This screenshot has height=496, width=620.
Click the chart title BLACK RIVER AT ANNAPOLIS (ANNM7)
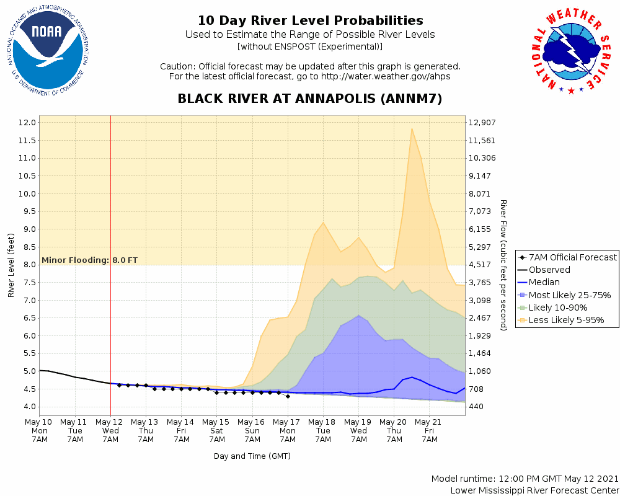coord(310,99)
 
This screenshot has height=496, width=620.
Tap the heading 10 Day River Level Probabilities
coord(310,21)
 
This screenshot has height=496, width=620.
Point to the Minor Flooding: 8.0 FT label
coord(90,260)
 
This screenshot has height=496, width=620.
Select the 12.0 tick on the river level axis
coord(27,122)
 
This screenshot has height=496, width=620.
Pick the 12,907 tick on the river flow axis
coord(484,122)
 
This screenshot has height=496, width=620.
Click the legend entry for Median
coord(545,283)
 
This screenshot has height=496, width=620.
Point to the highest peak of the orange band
coord(412,129)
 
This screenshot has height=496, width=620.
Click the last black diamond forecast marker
coord(288,396)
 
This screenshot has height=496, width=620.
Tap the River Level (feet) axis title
coord(11,265)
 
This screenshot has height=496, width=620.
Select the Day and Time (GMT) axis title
coord(252,456)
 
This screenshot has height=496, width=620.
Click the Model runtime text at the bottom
coord(525,479)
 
